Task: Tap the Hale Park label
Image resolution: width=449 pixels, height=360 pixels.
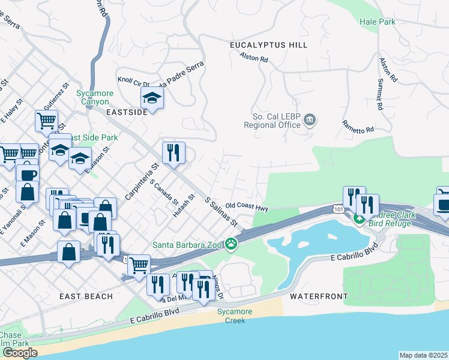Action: coord(377,22)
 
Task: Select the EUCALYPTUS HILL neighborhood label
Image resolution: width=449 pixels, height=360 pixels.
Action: coord(268,45)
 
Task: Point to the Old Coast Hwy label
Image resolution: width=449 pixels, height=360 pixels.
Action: coord(247,207)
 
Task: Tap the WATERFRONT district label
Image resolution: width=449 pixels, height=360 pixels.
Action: coord(318,296)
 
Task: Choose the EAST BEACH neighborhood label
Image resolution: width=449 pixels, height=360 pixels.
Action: coord(86,296)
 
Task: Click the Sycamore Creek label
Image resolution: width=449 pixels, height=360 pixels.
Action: coord(231,316)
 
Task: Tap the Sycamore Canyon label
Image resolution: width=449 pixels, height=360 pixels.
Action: coord(92,97)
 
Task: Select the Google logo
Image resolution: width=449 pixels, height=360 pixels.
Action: coord(20,353)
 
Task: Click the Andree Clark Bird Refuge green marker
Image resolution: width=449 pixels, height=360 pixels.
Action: coord(359,219)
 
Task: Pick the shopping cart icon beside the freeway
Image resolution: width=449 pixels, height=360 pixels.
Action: coord(139,265)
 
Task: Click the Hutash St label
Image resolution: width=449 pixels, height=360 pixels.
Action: coord(184,205)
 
